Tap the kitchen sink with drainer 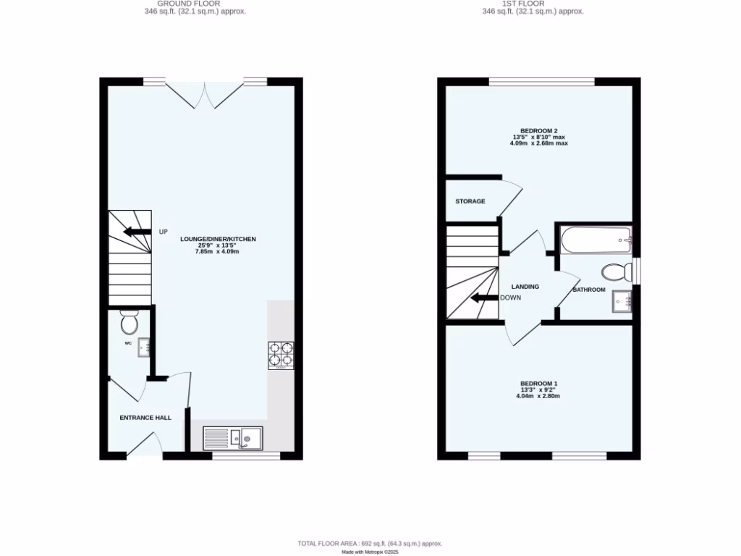pos(234,437)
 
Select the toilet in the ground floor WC pos(130,321)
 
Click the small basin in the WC pos(144,347)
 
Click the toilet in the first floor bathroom pos(615,272)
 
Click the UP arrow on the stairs pos(136,232)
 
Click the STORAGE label pos(470,201)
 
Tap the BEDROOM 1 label pos(538,384)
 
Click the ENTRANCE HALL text pos(145,418)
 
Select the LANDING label pos(525,287)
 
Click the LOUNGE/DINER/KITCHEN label pos(219,239)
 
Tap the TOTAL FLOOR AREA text pos(370,543)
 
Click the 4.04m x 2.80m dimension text pos(538,396)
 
